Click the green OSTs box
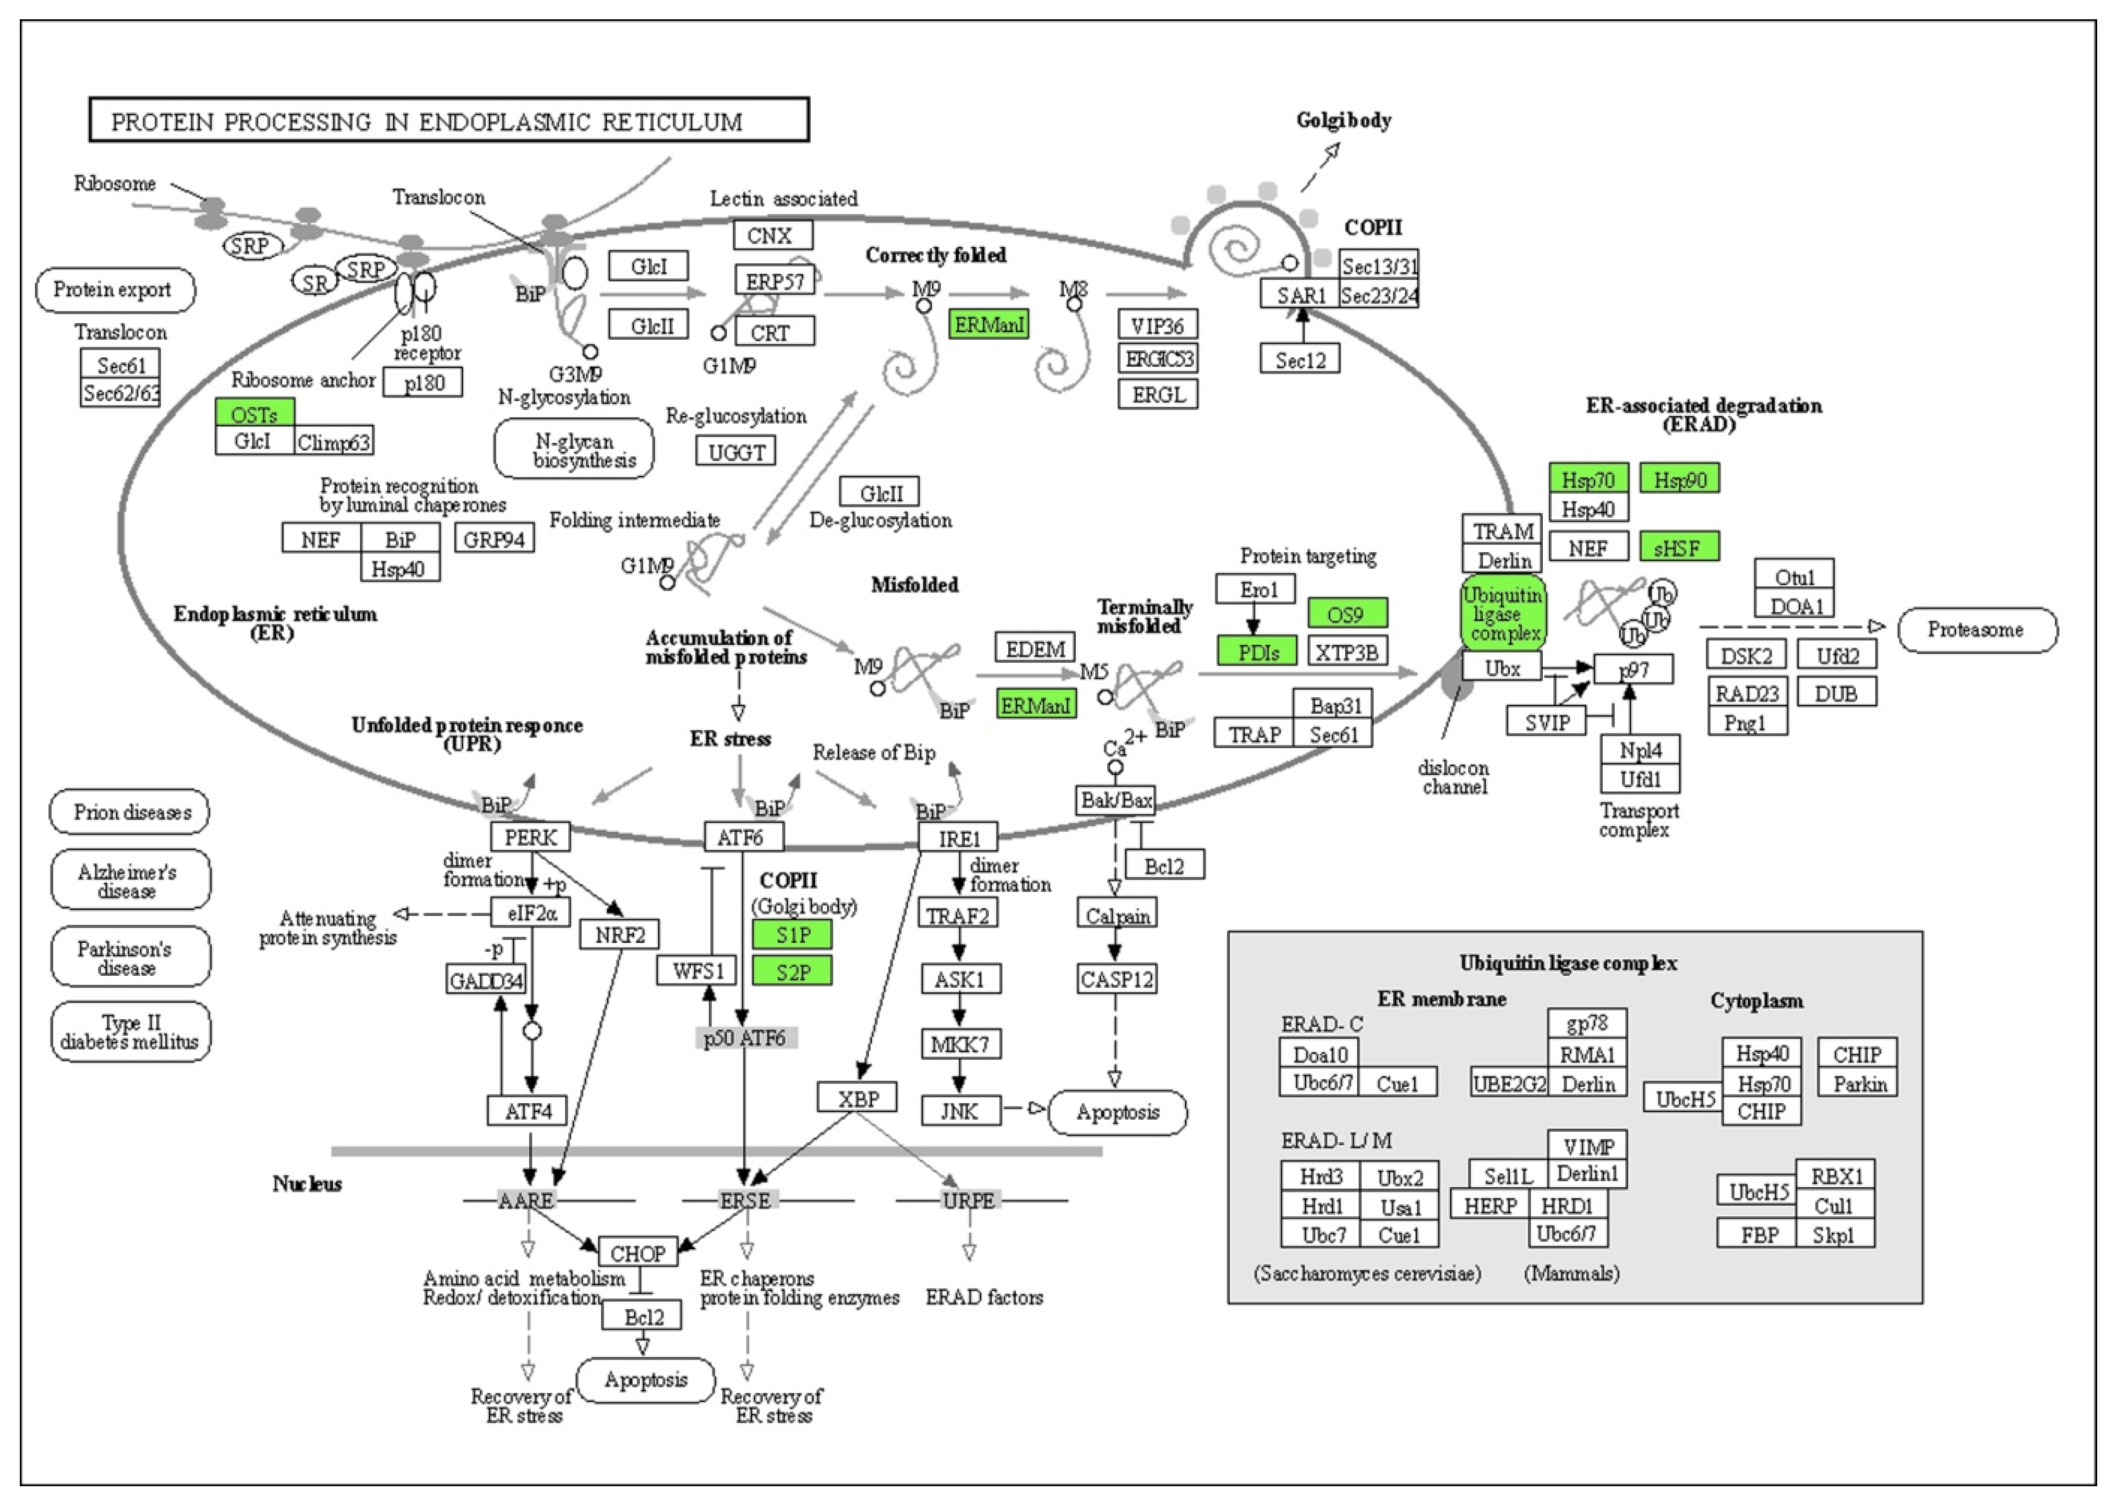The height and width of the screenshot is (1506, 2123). [254, 413]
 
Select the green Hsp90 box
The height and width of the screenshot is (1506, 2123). [1680, 479]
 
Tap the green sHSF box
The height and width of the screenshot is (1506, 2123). [1680, 547]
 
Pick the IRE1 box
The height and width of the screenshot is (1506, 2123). [958, 838]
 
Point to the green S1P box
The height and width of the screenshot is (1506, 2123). [792, 935]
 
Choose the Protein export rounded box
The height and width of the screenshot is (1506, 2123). [115, 290]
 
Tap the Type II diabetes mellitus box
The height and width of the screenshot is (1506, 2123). [131, 1031]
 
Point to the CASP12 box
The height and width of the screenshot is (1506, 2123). [1117, 979]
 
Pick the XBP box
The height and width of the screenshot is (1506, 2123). [857, 1097]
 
